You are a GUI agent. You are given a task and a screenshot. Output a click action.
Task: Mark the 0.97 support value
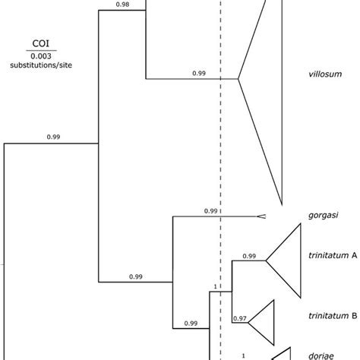coord(240,319)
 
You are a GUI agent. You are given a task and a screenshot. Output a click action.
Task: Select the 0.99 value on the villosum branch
coord(200,73)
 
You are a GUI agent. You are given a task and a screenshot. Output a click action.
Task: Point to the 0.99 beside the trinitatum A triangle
coord(249,256)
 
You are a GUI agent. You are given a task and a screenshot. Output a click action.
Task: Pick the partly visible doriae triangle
coord(281,354)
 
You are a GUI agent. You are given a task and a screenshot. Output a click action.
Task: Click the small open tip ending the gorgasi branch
coord(261,216)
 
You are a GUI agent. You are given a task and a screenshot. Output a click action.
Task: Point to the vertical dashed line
coord(221,152)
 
